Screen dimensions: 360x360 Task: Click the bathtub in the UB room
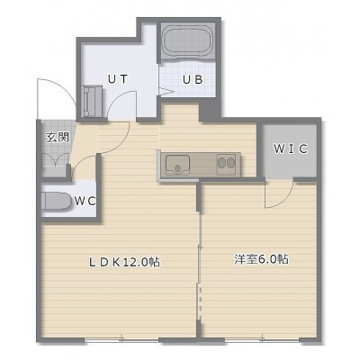188,41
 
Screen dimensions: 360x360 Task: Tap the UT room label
118,79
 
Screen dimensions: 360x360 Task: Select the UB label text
193,80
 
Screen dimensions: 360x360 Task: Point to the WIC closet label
291,148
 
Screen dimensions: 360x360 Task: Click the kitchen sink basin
178,165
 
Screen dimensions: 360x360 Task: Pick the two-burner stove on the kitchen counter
226,165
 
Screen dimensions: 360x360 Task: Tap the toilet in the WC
56,201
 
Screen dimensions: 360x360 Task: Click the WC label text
85,201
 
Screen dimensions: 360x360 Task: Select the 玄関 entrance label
58,138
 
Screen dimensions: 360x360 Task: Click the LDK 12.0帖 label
123,263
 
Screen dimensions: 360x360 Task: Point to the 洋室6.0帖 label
261,259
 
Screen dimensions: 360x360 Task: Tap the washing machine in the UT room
93,101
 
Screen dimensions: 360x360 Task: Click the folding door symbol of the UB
166,92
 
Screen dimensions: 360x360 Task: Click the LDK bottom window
121,340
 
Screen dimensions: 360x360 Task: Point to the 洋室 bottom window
262,340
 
